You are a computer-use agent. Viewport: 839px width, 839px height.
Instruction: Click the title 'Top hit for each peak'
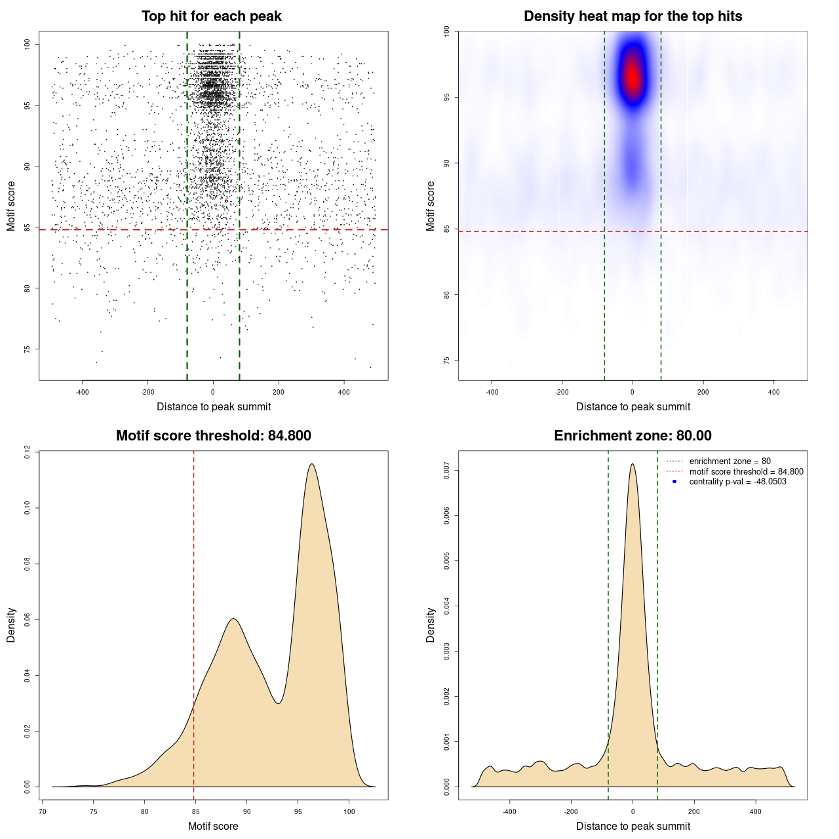[x=211, y=16]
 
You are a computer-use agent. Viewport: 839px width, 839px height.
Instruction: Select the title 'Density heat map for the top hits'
[x=633, y=16]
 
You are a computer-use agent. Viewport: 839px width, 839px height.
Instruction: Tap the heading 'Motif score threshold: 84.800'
[x=213, y=436]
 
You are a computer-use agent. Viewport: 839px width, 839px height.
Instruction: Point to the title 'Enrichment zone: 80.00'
[x=633, y=436]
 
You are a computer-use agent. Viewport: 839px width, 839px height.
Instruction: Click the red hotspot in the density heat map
[x=633, y=77]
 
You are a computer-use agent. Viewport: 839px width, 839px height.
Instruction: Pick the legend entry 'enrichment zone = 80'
[x=730, y=461]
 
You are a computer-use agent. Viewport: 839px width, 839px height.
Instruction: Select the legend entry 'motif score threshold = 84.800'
[x=746, y=471]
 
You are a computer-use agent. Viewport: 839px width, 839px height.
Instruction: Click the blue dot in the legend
[x=674, y=482]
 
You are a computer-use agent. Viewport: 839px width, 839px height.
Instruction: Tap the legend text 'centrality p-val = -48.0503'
[x=737, y=482]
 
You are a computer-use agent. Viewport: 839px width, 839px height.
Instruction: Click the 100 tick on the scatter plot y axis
[x=28, y=44]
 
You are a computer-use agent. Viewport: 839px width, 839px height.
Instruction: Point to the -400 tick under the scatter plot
[x=82, y=392]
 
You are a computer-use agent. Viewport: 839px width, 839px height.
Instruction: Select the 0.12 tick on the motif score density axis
[x=28, y=452]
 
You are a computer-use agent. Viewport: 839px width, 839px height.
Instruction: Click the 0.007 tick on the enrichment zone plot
[x=447, y=471]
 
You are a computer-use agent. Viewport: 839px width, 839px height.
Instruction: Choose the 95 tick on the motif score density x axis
[x=298, y=811]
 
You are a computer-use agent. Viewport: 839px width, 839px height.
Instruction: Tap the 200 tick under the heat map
[x=703, y=392]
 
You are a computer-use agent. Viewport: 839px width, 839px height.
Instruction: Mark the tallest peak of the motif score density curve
[x=312, y=464]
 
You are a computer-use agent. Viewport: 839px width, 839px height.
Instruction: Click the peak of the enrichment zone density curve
[x=633, y=464]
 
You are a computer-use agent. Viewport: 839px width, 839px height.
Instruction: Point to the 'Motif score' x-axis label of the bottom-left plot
[x=213, y=826]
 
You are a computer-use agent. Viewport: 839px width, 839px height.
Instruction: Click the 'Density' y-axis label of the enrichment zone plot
[x=431, y=625]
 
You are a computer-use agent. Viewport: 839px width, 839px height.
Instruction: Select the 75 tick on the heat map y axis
[x=447, y=361]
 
